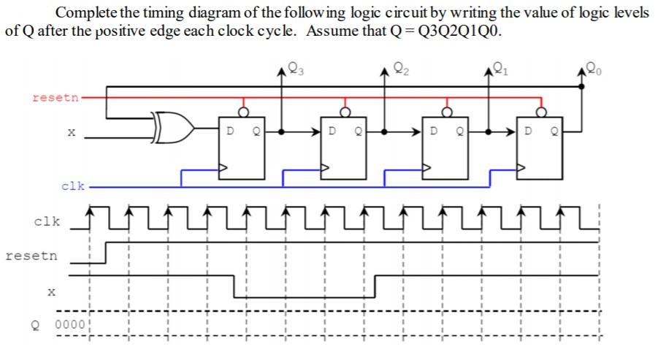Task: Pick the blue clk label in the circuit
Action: click(72, 185)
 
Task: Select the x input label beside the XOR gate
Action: click(70, 133)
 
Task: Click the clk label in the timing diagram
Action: click(47, 221)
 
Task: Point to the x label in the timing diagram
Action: click(50, 292)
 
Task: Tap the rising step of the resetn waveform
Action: click(107, 252)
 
